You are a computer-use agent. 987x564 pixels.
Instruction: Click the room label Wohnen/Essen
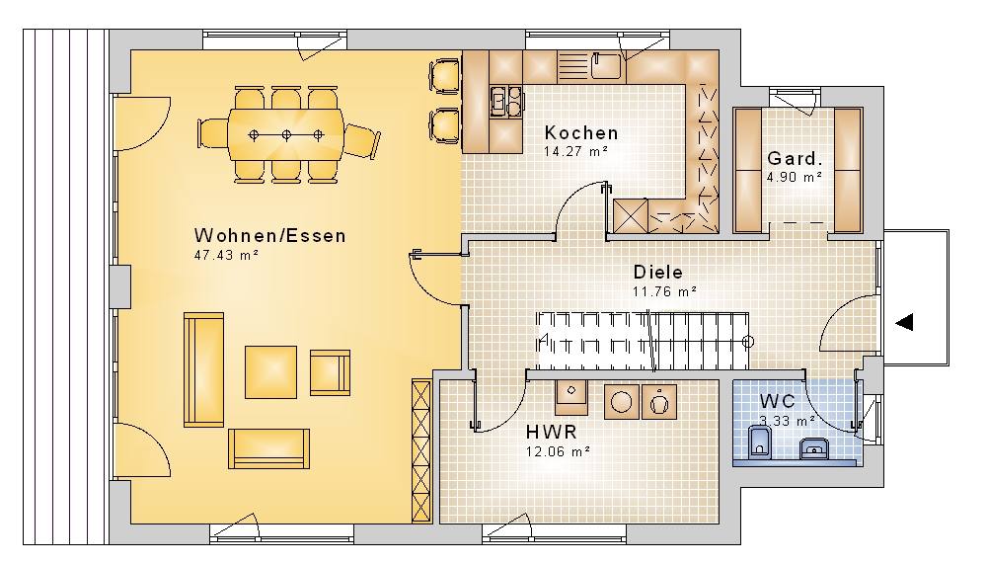[270, 236]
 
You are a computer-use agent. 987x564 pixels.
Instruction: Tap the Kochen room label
[581, 133]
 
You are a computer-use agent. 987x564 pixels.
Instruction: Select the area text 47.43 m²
[226, 255]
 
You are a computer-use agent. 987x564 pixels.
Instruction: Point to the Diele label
[657, 273]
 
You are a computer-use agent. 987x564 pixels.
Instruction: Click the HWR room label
[552, 433]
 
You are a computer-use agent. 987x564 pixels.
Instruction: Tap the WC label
[777, 401]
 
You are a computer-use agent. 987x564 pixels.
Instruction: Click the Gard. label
[795, 158]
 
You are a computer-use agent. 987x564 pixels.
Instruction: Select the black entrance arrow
[904, 322]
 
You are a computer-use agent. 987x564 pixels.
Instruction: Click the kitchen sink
[606, 66]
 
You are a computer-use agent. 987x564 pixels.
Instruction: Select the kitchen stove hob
[506, 101]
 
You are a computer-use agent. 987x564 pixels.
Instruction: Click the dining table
[286, 135]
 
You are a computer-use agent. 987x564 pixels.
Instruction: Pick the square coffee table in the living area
[270, 371]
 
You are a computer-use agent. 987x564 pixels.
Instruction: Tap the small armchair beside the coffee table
[330, 373]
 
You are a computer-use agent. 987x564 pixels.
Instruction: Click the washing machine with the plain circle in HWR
[621, 402]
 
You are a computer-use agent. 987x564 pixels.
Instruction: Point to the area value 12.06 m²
[558, 451]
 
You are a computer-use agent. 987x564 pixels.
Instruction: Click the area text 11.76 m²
[664, 291]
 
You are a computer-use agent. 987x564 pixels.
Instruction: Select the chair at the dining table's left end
[212, 134]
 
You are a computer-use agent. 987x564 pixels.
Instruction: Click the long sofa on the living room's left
[203, 369]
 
